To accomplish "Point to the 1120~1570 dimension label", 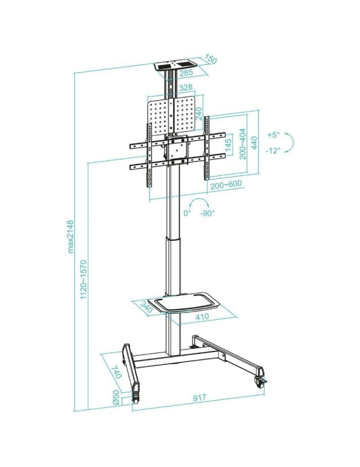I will pyautogui.click(x=83, y=281).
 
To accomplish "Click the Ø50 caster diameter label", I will pyautogui.click(x=116, y=398).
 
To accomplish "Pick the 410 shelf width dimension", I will pyautogui.click(x=202, y=317).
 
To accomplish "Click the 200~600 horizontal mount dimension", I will pyautogui.click(x=226, y=184).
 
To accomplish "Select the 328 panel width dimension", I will pyautogui.click(x=186, y=88).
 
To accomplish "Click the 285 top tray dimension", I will pyautogui.click(x=186, y=72).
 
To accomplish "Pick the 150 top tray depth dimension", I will pyautogui.click(x=211, y=59).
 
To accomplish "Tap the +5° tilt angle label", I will pyautogui.click(x=273, y=134).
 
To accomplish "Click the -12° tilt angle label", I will pyautogui.click(x=273, y=150).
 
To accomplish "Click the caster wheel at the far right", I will pyautogui.click(x=259, y=381).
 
